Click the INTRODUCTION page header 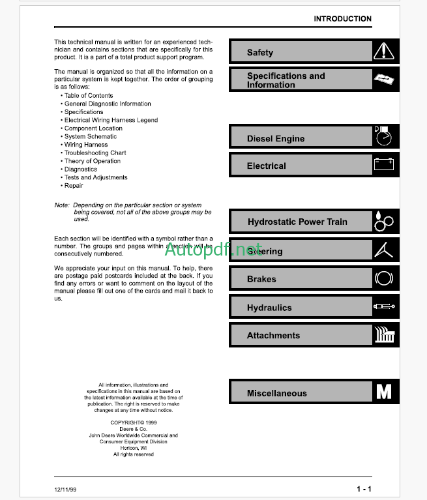(342, 19)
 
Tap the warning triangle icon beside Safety (384, 51)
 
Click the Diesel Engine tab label (275, 139)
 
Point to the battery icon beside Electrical (384, 164)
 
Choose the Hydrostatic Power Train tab (297, 222)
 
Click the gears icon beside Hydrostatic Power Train (384, 222)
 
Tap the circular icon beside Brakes (384, 279)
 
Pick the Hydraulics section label (269, 308)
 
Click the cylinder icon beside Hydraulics (384, 306)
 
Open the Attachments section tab (273, 336)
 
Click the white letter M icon (384, 392)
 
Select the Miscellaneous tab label (276, 393)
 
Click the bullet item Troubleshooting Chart (95, 153)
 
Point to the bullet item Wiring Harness (85, 145)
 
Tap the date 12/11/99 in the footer (65, 489)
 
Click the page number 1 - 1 (364, 489)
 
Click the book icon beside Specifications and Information (384, 80)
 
